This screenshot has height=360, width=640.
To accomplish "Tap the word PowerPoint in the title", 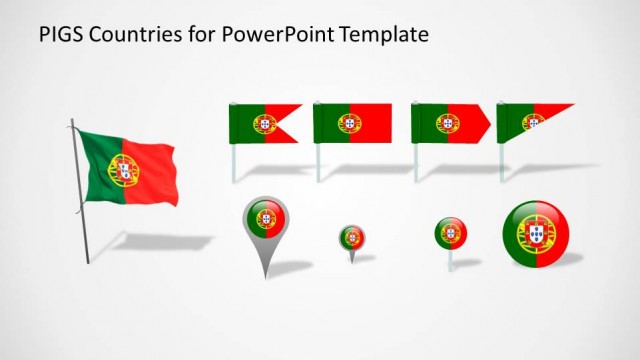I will pyautogui.click(x=271, y=35).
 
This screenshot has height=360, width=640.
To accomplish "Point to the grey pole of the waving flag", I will pyautogui.click(x=80, y=200).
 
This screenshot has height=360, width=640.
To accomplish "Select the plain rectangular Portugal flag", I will pyautogui.click(x=351, y=123).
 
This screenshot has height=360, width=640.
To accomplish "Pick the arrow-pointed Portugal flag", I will pyautogui.click(x=448, y=123).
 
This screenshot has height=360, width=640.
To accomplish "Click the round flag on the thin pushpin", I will pyautogui.click(x=450, y=233).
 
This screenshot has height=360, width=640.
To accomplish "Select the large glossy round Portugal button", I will pyautogui.click(x=537, y=234).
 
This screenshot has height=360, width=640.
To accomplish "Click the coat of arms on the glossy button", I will pyautogui.click(x=531, y=234).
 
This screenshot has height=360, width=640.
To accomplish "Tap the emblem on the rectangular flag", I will pyautogui.click(x=349, y=123).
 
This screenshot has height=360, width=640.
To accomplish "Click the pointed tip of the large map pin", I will pyautogui.click(x=264, y=275).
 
